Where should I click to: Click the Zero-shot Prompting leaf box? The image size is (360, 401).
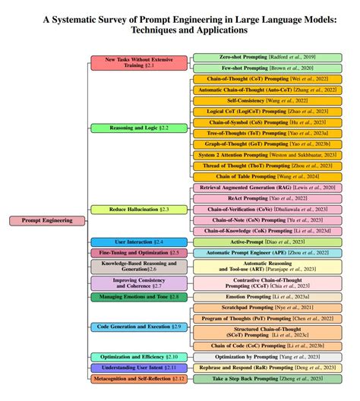pyautogui.click(x=267, y=57)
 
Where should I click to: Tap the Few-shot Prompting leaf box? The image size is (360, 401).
pyautogui.click(x=267, y=68)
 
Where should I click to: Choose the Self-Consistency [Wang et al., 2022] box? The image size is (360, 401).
pyautogui.click(x=267, y=100)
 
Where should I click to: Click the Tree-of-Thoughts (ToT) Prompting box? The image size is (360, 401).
pyautogui.click(x=267, y=133)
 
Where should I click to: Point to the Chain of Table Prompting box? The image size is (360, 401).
pyautogui.click(x=267, y=176)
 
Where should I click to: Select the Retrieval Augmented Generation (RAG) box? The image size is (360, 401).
pyautogui.click(x=267, y=187)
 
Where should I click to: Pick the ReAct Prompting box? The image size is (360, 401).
pyautogui.click(x=267, y=197)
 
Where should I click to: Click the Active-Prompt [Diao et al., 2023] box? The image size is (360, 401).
pyautogui.click(x=267, y=242)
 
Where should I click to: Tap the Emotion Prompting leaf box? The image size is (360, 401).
pyautogui.click(x=267, y=296)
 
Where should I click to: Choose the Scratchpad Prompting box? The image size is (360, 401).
pyautogui.click(x=267, y=307)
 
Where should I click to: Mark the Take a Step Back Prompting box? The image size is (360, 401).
pyautogui.click(x=267, y=377)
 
